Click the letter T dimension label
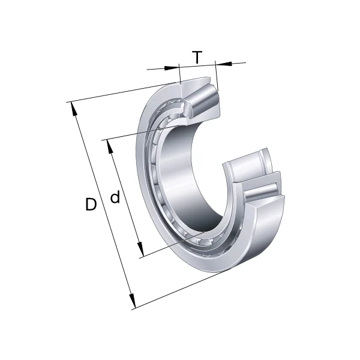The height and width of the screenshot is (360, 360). [197, 58]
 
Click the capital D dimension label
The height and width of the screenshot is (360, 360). [91, 205]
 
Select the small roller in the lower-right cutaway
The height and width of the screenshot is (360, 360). [249, 165]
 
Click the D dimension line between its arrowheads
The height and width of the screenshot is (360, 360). [102, 204]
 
